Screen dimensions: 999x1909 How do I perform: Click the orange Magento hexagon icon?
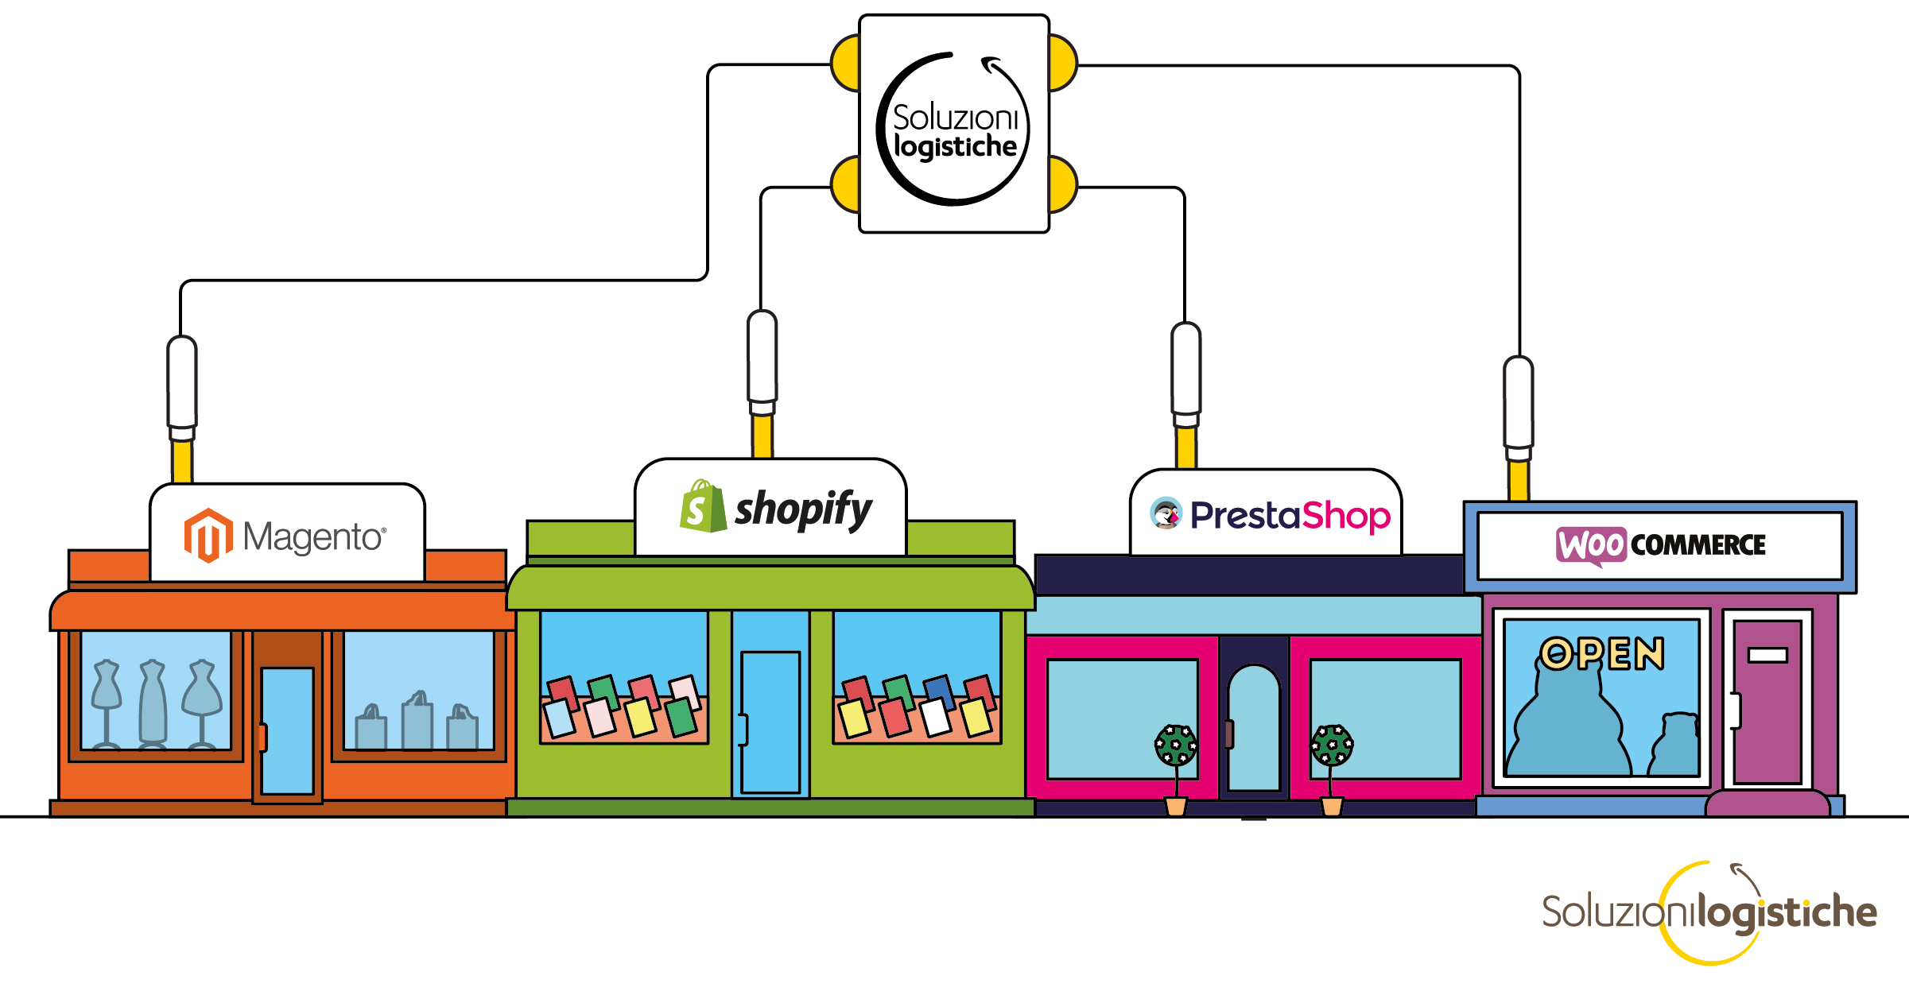coord(208,536)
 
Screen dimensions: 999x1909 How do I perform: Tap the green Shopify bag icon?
coord(702,506)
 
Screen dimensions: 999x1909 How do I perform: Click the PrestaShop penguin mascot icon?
coord(1166,513)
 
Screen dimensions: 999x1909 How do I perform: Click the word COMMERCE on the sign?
coord(1698,545)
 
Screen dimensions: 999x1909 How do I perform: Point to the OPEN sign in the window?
coord(1601,654)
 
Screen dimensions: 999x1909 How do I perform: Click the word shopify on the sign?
coord(803,509)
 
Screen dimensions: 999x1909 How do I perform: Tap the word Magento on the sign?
coord(312,537)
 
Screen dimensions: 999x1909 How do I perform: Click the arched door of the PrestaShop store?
coord(1253,727)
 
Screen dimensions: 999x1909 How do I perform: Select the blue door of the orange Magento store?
coord(287,730)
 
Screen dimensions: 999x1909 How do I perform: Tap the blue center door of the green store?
coord(770,722)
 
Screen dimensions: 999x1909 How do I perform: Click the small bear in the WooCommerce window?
coord(1676,745)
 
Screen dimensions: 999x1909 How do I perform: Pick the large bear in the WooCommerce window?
coord(1568,727)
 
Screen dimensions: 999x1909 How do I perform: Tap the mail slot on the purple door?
coord(1767,655)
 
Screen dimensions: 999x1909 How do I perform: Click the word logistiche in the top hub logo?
coord(956,147)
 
